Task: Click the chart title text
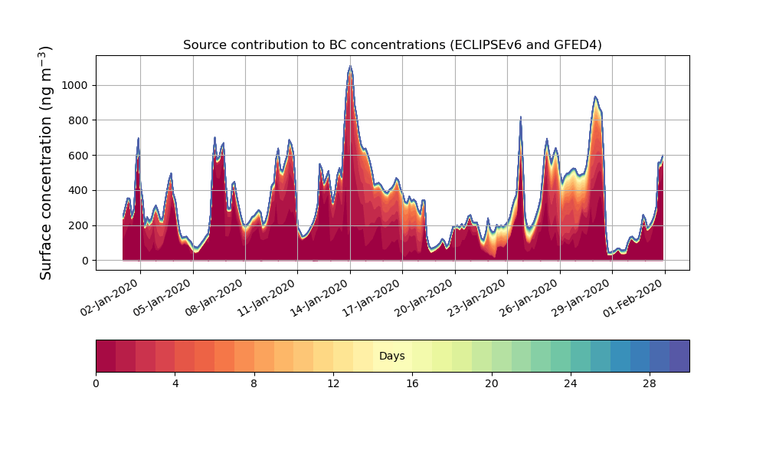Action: click(392, 45)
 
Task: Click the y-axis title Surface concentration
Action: click(45, 163)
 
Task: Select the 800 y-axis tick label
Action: click(78, 120)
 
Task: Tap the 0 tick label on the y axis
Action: click(86, 261)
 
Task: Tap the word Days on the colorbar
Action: click(391, 356)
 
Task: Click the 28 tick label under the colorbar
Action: click(650, 384)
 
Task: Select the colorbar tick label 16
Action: click(412, 384)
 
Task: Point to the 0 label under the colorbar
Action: click(96, 384)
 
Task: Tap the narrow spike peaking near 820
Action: click(521, 117)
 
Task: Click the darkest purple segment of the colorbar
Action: click(679, 356)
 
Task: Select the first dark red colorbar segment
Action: click(106, 356)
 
